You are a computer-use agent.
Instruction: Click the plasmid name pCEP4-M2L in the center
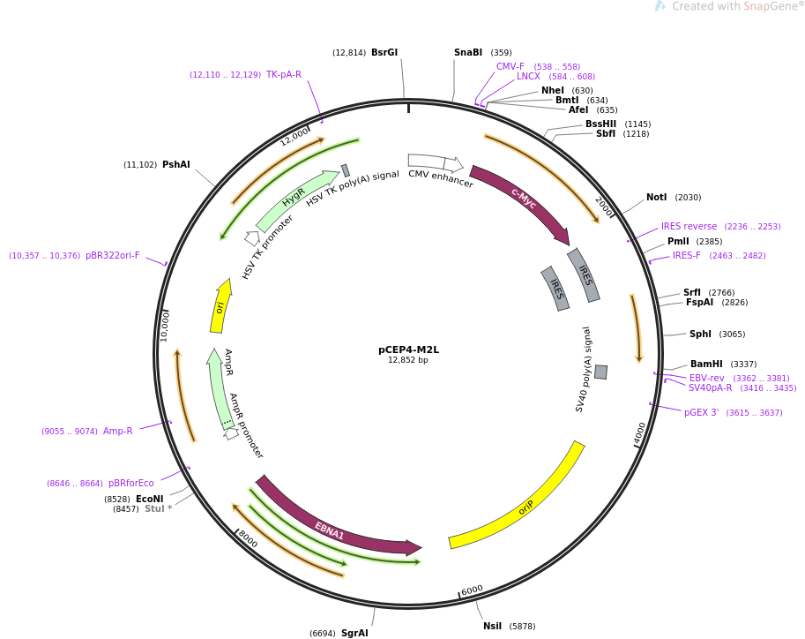coord(408,350)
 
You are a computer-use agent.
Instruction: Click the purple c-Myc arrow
coord(523,200)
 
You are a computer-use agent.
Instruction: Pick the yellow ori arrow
coord(220,306)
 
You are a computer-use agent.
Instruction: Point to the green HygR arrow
coord(294,197)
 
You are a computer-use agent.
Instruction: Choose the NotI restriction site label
coord(656,197)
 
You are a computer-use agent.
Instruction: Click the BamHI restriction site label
coord(705,364)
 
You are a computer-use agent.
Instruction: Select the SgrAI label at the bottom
coord(354,633)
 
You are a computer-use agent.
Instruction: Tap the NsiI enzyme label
coord(492,626)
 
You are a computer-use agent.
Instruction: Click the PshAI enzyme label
coord(175,164)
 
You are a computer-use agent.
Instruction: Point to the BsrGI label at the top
coord(384,52)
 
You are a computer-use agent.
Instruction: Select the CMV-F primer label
coord(510,66)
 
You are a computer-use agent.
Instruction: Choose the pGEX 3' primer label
coord(702,412)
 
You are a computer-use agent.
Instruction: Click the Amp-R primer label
coord(118,431)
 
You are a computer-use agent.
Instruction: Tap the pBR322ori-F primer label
coord(112,255)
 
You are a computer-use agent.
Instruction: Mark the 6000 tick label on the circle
coord(472,590)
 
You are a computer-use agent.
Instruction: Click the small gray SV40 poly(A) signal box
coord(600,372)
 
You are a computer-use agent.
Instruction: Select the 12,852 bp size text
coord(408,360)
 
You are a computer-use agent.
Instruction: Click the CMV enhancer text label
coord(440,179)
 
